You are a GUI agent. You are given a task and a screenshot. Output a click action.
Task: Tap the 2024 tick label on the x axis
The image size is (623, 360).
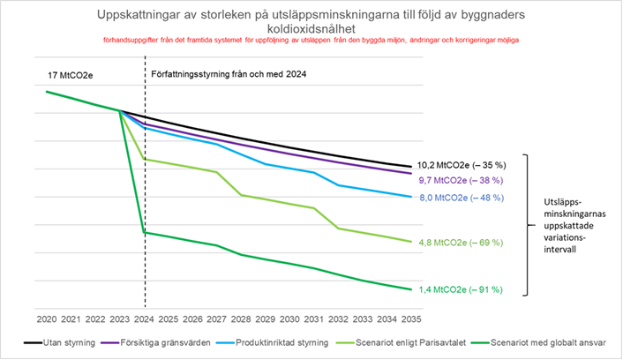tap(144, 318)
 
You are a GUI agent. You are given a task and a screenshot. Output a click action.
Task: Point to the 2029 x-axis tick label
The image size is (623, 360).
tap(266, 318)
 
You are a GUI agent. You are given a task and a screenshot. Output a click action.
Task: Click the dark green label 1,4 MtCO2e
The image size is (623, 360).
tap(459, 289)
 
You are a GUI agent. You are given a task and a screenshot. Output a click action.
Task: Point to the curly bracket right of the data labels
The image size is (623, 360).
tap(528, 225)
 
